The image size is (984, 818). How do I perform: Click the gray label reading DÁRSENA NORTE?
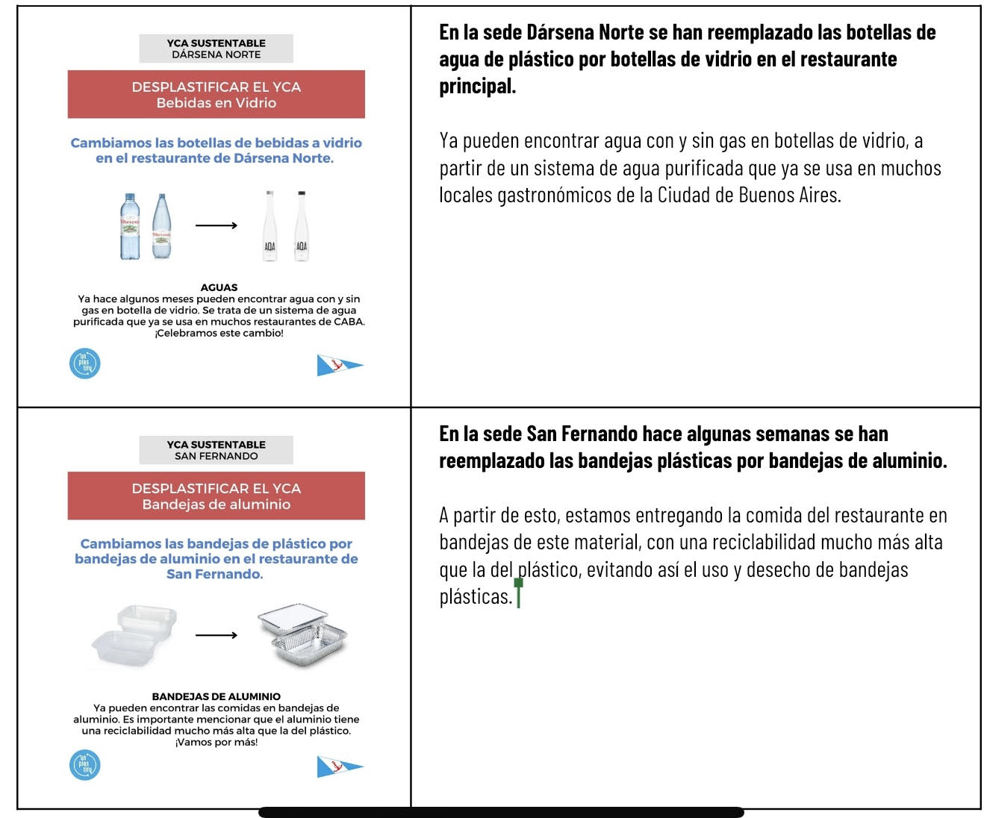click(216, 49)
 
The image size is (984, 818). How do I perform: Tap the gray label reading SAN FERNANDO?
click(216, 450)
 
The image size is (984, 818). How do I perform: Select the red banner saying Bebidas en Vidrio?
click(216, 95)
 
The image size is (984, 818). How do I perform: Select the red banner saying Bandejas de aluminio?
click(216, 496)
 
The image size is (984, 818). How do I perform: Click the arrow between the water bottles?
click(216, 225)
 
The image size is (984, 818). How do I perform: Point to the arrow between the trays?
click(216, 635)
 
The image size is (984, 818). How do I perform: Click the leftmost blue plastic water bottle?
click(130, 226)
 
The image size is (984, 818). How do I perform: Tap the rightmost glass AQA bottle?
click(301, 226)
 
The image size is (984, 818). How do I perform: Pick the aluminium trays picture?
click(302, 635)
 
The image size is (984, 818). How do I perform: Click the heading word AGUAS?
click(219, 287)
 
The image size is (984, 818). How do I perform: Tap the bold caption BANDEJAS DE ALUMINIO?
click(216, 696)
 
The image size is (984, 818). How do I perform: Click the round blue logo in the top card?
click(84, 363)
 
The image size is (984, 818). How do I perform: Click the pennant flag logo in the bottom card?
click(339, 767)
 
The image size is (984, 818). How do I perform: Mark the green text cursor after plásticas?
click(518, 594)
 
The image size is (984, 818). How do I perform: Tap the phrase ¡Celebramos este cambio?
click(219, 334)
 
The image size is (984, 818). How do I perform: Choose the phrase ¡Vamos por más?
click(216, 743)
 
